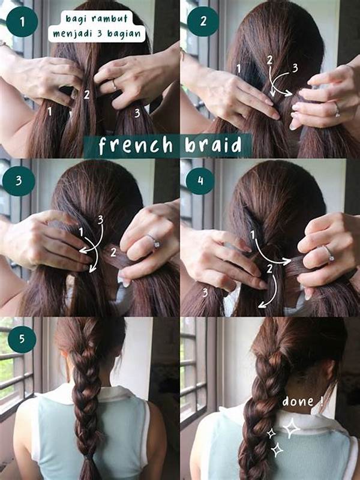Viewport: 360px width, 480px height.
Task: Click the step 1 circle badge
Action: point(22,22)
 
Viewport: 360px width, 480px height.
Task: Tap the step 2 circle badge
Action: point(203,21)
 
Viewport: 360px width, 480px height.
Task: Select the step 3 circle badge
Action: point(19,181)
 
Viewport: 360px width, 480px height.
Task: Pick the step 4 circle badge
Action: point(200,181)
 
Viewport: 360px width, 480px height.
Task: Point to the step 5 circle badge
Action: point(22,339)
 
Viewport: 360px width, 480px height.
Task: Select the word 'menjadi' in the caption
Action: point(72,34)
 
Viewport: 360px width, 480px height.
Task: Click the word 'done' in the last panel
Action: point(298,401)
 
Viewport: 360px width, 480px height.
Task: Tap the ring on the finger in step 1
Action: point(114,85)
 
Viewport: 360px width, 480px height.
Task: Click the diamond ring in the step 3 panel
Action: point(154,242)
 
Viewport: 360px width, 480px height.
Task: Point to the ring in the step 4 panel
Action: point(329,254)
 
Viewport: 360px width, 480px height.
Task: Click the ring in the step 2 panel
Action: point(337,110)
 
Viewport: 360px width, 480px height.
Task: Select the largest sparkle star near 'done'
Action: point(291,428)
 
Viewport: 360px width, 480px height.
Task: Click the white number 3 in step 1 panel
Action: point(137,113)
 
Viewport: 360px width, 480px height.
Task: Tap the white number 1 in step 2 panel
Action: point(239,68)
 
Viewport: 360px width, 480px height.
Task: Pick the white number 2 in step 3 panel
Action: point(113,253)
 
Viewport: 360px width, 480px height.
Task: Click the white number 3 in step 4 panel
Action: point(205,293)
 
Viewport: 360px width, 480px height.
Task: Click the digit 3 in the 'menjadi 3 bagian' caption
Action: point(100,33)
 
